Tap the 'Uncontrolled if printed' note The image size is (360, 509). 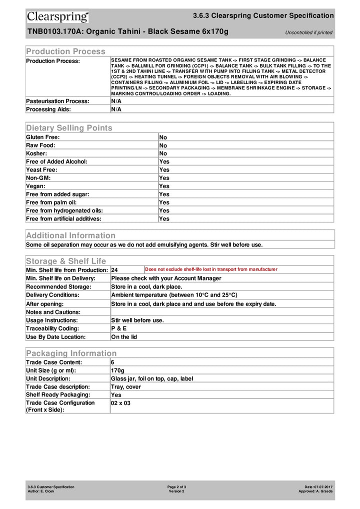pyautogui.click(x=308, y=32)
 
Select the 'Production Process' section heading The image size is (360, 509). pyautogui.click(x=65, y=51)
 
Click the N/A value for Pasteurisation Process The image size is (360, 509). pyautogui.click(x=116, y=101)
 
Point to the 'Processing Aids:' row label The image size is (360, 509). pyautogui.click(x=48, y=109)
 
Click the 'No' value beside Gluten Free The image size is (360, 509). pyautogui.click(x=163, y=137)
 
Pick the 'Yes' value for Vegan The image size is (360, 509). pyautogui.click(x=164, y=186)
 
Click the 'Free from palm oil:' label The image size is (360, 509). pyautogui.click(x=51, y=202)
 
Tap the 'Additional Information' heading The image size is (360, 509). pyautogui.click(x=70, y=235)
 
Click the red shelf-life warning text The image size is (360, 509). pyautogui.click(x=211, y=269)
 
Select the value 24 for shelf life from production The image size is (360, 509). pyautogui.click(x=114, y=270)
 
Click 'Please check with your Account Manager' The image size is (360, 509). pyautogui.click(x=166, y=278)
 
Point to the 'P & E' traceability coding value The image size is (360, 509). pyautogui.click(x=118, y=328)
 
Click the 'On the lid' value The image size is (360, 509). pyautogui.click(x=124, y=337)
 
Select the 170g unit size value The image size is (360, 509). pyautogui.click(x=117, y=370)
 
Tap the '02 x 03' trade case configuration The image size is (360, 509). pyautogui.click(x=120, y=403)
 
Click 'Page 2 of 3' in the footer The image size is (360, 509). pyautogui.click(x=177, y=486)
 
